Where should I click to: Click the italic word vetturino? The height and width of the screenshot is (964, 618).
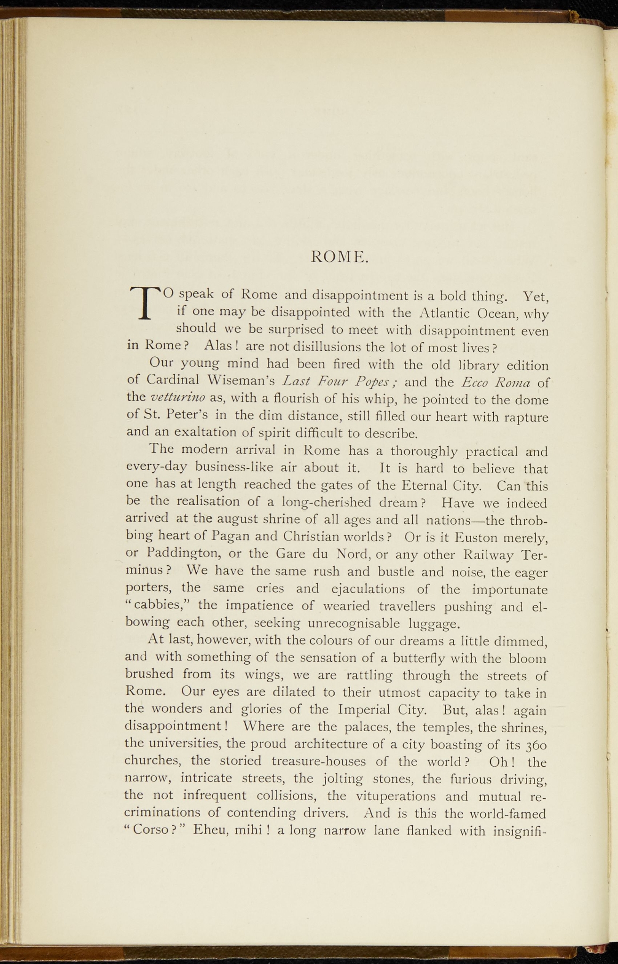(177, 398)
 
